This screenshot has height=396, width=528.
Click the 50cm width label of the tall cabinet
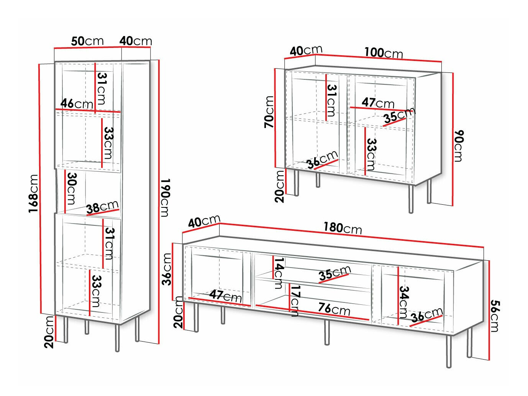[87, 41]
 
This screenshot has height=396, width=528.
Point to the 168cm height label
[33, 194]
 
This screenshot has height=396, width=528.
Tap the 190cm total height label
[165, 197]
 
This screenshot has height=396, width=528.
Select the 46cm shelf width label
[77, 104]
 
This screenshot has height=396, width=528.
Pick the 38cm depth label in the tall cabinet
[102, 207]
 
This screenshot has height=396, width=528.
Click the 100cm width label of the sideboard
[384, 53]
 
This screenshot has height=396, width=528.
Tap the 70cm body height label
[269, 112]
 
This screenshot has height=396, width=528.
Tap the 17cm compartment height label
[295, 301]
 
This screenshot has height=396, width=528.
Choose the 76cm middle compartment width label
[334, 309]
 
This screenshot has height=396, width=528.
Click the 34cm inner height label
[404, 302]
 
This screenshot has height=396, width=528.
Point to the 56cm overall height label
[494, 316]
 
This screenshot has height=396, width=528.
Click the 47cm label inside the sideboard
[378, 103]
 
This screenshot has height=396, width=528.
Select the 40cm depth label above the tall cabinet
[136, 41]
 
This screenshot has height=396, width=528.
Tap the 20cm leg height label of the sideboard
[279, 187]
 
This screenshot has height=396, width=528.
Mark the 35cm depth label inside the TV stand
[335, 273]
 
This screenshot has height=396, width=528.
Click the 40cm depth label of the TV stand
[204, 221]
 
